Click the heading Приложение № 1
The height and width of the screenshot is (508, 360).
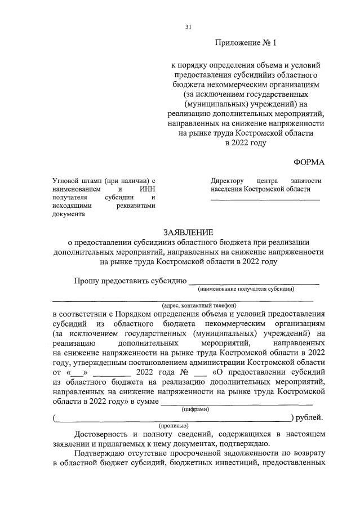247,43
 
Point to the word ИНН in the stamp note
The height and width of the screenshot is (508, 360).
147,189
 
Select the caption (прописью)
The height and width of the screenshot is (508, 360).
174,426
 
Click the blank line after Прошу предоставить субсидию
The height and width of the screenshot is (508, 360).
254,282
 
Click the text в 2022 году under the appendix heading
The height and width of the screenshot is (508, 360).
246,144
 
